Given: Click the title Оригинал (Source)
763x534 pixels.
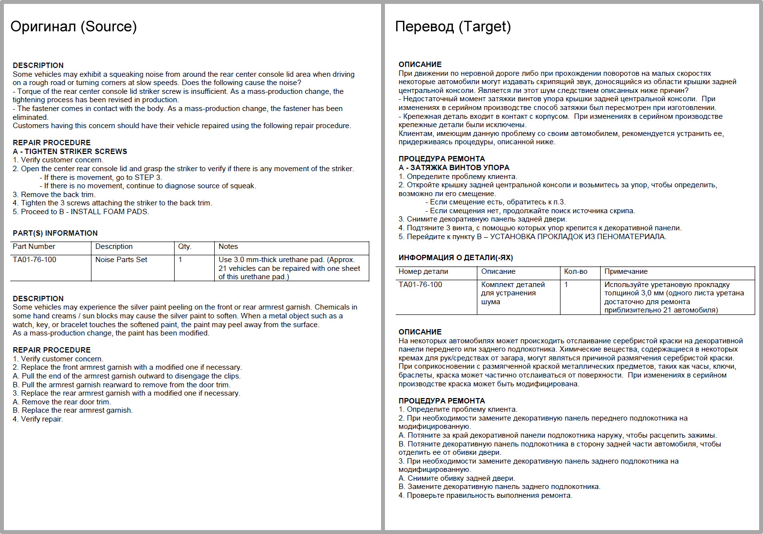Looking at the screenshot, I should click(73, 26).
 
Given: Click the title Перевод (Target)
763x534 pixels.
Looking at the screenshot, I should click(453, 26).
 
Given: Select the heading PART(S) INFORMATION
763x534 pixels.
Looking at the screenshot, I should click(55, 233).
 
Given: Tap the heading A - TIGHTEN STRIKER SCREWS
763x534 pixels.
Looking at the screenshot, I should click(70, 152).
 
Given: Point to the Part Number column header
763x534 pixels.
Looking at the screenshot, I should click(34, 246).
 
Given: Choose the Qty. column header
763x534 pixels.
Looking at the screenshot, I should click(184, 246).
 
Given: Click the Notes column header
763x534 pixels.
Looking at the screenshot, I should click(228, 246).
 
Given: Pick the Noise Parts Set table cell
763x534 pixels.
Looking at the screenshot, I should click(121, 260).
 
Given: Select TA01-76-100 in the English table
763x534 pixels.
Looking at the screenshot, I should click(34, 260).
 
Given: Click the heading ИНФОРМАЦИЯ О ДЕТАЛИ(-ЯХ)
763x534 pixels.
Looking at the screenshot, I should click(455, 258).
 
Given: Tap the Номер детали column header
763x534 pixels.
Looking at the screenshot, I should click(423, 271).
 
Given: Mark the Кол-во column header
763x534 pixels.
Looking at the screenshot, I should click(576, 271).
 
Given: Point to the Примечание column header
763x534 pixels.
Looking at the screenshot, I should click(626, 271).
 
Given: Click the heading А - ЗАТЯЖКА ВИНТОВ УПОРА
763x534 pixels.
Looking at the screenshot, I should click(454, 168).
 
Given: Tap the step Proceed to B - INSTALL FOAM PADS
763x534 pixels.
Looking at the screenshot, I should click(81, 212).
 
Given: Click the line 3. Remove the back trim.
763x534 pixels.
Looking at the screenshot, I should click(54, 195).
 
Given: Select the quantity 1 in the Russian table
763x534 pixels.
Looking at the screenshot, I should click(566, 285).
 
